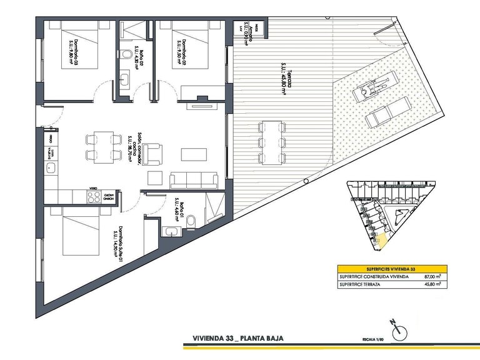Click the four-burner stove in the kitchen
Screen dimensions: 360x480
[94, 196]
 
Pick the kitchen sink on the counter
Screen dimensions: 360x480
[48, 169]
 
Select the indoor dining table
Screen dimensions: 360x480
[99, 146]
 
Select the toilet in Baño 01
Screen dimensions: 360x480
[194, 219]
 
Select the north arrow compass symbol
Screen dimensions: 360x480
[399, 329]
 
